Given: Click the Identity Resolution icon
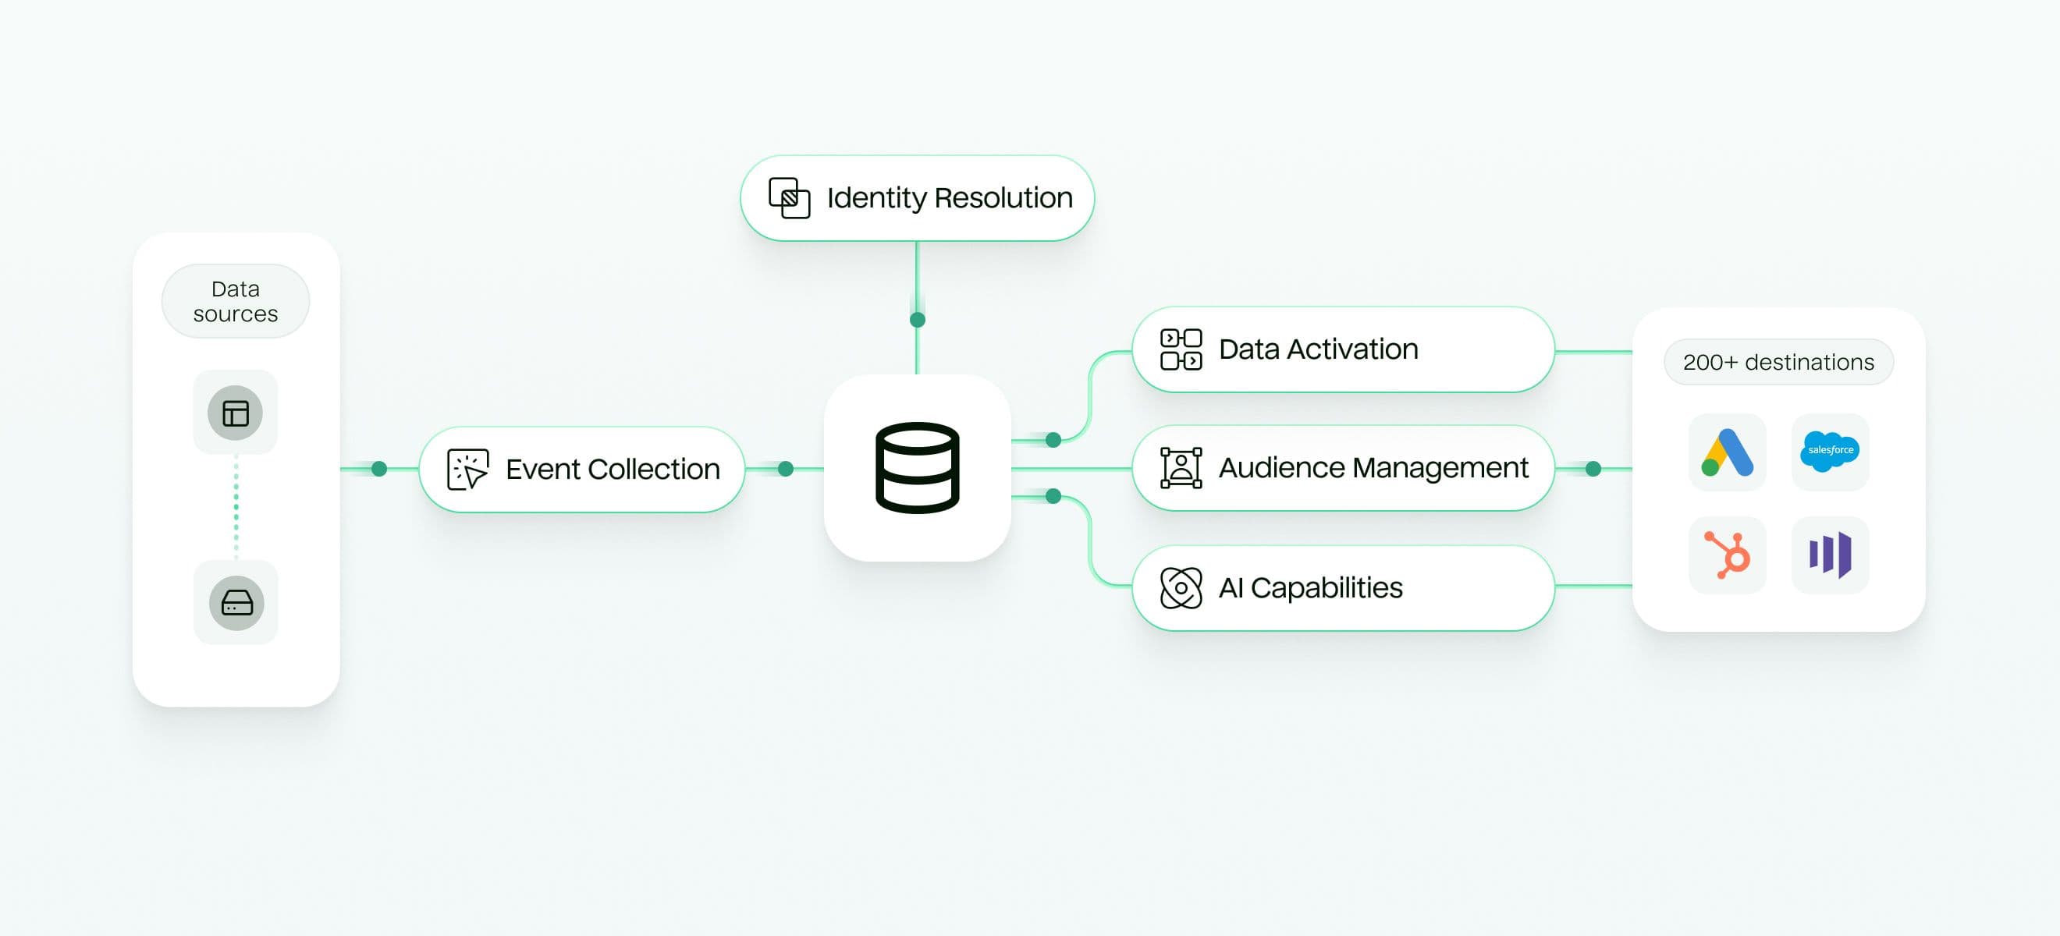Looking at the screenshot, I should click(x=788, y=197).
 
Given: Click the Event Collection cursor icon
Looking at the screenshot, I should click(x=467, y=470).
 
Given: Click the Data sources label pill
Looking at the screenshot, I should click(x=235, y=301).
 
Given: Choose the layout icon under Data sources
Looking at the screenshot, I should click(x=235, y=413).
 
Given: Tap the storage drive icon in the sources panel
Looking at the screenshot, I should click(x=236, y=603).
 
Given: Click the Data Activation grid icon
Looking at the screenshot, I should click(x=1181, y=349).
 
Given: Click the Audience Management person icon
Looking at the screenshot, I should click(x=1181, y=467).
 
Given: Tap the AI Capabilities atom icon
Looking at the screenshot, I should click(x=1181, y=587).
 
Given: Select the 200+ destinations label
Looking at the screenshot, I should click(x=1778, y=362).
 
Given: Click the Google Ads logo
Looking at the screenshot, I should click(x=1727, y=452).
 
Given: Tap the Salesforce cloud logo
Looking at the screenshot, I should click(x=1830, y=452).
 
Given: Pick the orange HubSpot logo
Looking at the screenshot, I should click(x=1727, y=555).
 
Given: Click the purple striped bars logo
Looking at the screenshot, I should click(x=1830, y=555).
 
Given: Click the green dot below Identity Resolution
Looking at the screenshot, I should click(x=917, y=320).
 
